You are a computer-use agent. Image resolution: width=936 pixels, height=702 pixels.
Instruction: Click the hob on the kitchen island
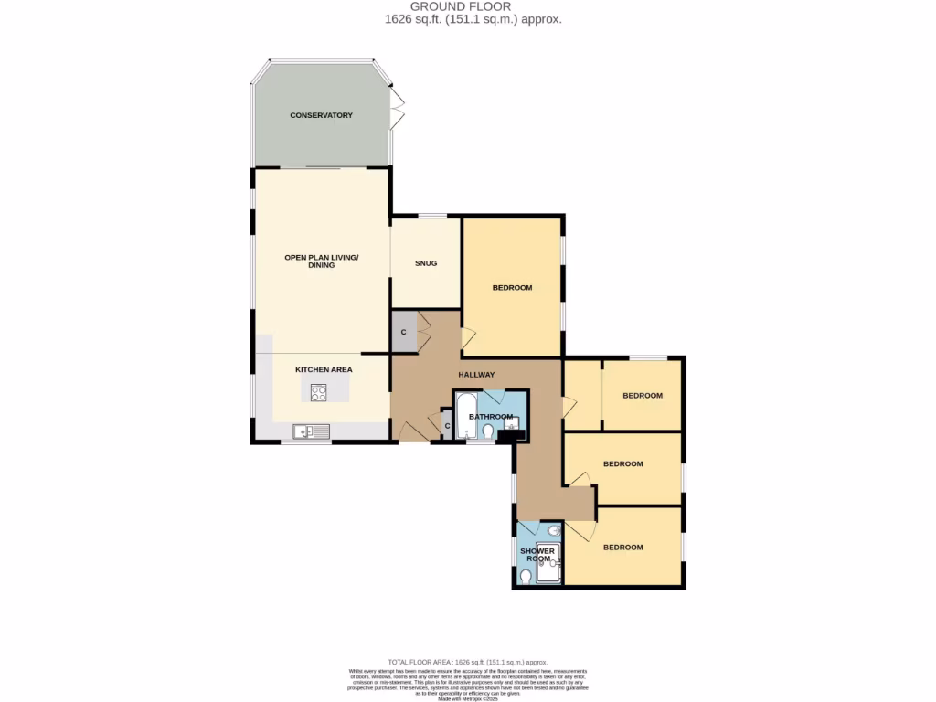click(319, 392)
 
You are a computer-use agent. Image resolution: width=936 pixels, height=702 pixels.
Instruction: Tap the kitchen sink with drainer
click(305, 431)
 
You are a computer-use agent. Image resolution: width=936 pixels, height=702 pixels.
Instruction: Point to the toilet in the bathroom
click(488, 431)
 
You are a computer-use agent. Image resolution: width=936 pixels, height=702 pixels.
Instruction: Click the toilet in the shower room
click(525, 577)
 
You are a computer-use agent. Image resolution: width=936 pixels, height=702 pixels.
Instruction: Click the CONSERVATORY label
click(321, 115)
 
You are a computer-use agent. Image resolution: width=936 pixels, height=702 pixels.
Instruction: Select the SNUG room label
click(425, 263)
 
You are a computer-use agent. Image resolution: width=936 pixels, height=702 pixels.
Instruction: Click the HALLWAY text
click(476, 375)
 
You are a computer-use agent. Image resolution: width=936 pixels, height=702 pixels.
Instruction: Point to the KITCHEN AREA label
click(324, 369)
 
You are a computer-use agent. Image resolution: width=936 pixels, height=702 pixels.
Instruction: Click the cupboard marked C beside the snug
click(403, 332)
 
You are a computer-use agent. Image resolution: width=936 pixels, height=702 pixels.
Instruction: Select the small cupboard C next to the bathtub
click(447, 426)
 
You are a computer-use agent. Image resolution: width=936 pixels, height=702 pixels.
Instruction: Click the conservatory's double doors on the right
click(397, 108)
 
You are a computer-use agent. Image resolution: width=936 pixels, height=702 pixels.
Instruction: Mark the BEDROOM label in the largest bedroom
click(512, 288)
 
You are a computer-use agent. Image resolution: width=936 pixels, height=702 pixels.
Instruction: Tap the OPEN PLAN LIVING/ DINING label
click(322, 261)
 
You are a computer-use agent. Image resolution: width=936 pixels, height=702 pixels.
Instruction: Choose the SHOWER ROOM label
click(537, 555)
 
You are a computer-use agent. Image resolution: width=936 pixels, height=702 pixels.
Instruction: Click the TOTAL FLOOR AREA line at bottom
click(467, 661)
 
